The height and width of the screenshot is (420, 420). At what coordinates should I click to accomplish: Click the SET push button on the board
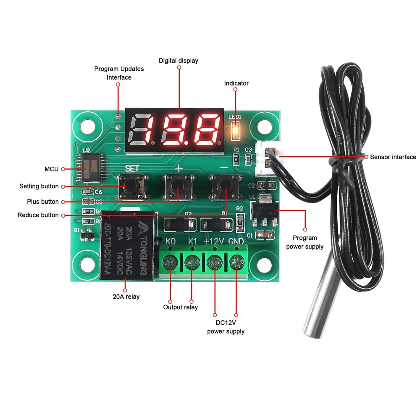click(133, 186)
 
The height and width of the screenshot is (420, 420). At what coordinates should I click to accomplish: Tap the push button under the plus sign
click(179, 186)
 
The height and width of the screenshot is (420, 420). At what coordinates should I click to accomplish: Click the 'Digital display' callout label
click(178, 60)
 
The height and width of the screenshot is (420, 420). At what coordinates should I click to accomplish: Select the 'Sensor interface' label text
click(393, 157)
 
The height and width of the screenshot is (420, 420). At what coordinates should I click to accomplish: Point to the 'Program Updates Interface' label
click(119, 73)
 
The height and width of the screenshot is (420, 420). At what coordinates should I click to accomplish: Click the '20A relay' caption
click(126, 297)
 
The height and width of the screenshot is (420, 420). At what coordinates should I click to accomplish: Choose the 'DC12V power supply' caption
click(226, 327)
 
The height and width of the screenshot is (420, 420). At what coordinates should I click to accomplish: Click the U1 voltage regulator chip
click(265, 211)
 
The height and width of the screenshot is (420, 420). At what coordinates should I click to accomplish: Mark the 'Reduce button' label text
click(38, 215)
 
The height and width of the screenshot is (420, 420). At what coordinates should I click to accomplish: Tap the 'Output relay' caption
click(181, 307)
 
